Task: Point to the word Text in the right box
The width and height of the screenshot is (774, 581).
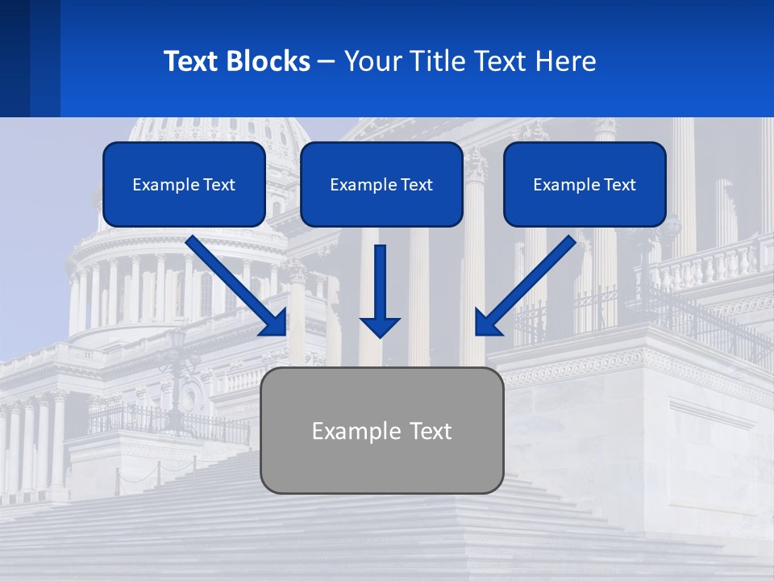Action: (x=619, y=185)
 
